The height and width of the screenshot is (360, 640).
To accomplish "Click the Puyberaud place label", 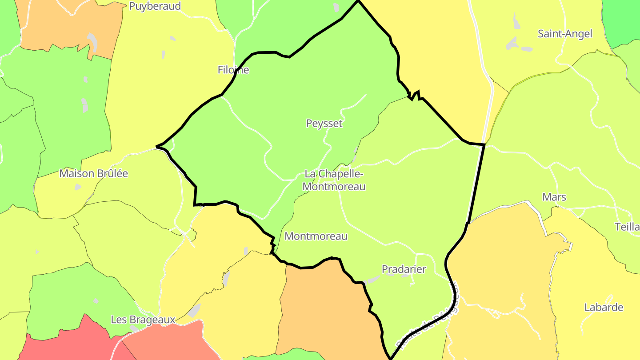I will [x=155, y=6].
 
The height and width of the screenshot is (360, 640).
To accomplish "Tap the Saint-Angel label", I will [x=565, y=34].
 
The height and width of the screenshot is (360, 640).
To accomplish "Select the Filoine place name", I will [x=233, y=70].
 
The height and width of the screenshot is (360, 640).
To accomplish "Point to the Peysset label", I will [x=324, y=124].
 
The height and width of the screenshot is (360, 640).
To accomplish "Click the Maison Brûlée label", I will [x=94, y=173].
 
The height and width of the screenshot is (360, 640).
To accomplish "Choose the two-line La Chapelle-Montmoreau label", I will [x=334, y=180].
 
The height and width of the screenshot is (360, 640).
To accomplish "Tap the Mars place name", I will [x=554, y=197].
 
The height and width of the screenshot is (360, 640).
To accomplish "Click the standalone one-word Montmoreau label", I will [x=316, y=236].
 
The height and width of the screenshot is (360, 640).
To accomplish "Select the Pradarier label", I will [x=404, y=269].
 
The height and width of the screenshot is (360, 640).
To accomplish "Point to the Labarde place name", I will [x=604, y=308].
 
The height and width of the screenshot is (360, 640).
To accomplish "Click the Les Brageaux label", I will [x=143, y=320].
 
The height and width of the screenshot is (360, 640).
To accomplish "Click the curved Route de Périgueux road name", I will [x=427, y=322].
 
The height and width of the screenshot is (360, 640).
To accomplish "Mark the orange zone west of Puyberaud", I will [x=67, y=27].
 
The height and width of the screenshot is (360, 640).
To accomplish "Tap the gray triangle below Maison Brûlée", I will [x=78, y=188].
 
